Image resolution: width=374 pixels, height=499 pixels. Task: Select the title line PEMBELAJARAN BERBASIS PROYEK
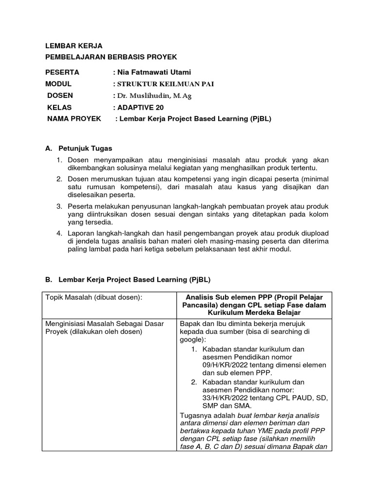(x=112, y=58)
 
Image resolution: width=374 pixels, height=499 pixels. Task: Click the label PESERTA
(x=62, y=73)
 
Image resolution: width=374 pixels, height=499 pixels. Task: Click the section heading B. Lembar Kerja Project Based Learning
(x=128, y=280)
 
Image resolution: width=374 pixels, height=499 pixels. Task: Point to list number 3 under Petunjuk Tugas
(x=59, y=207)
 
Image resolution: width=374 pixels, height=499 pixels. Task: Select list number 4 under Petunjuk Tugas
(x=59, y=233)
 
